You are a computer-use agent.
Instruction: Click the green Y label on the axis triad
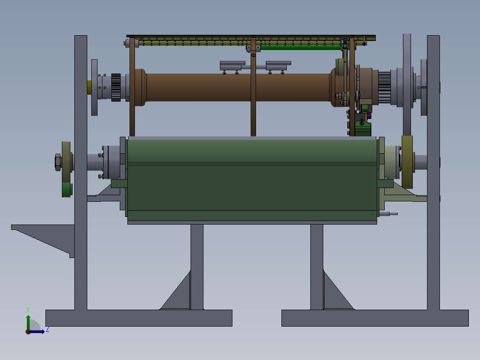28,310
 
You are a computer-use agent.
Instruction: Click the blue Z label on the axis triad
48,330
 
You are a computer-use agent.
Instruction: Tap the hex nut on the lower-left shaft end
57,162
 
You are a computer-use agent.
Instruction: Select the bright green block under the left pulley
67,190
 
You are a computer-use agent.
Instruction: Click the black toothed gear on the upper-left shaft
116,87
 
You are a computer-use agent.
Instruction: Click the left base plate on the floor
138,318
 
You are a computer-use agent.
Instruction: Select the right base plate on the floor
375,318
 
